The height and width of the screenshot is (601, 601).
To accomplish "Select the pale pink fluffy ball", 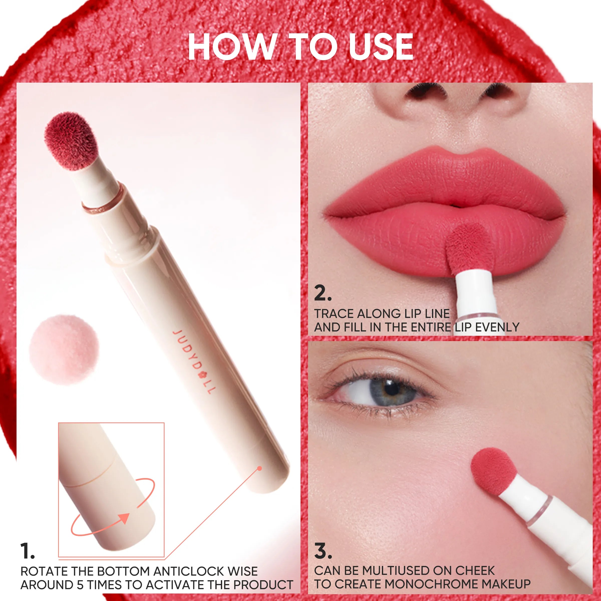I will click(x=64, y=349).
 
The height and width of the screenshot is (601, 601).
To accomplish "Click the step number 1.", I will click(x=27, y=551).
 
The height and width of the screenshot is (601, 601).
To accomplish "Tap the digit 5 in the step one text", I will click(x=80, y=585).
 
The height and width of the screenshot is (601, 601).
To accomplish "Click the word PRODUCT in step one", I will click(x=263, y=585).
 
